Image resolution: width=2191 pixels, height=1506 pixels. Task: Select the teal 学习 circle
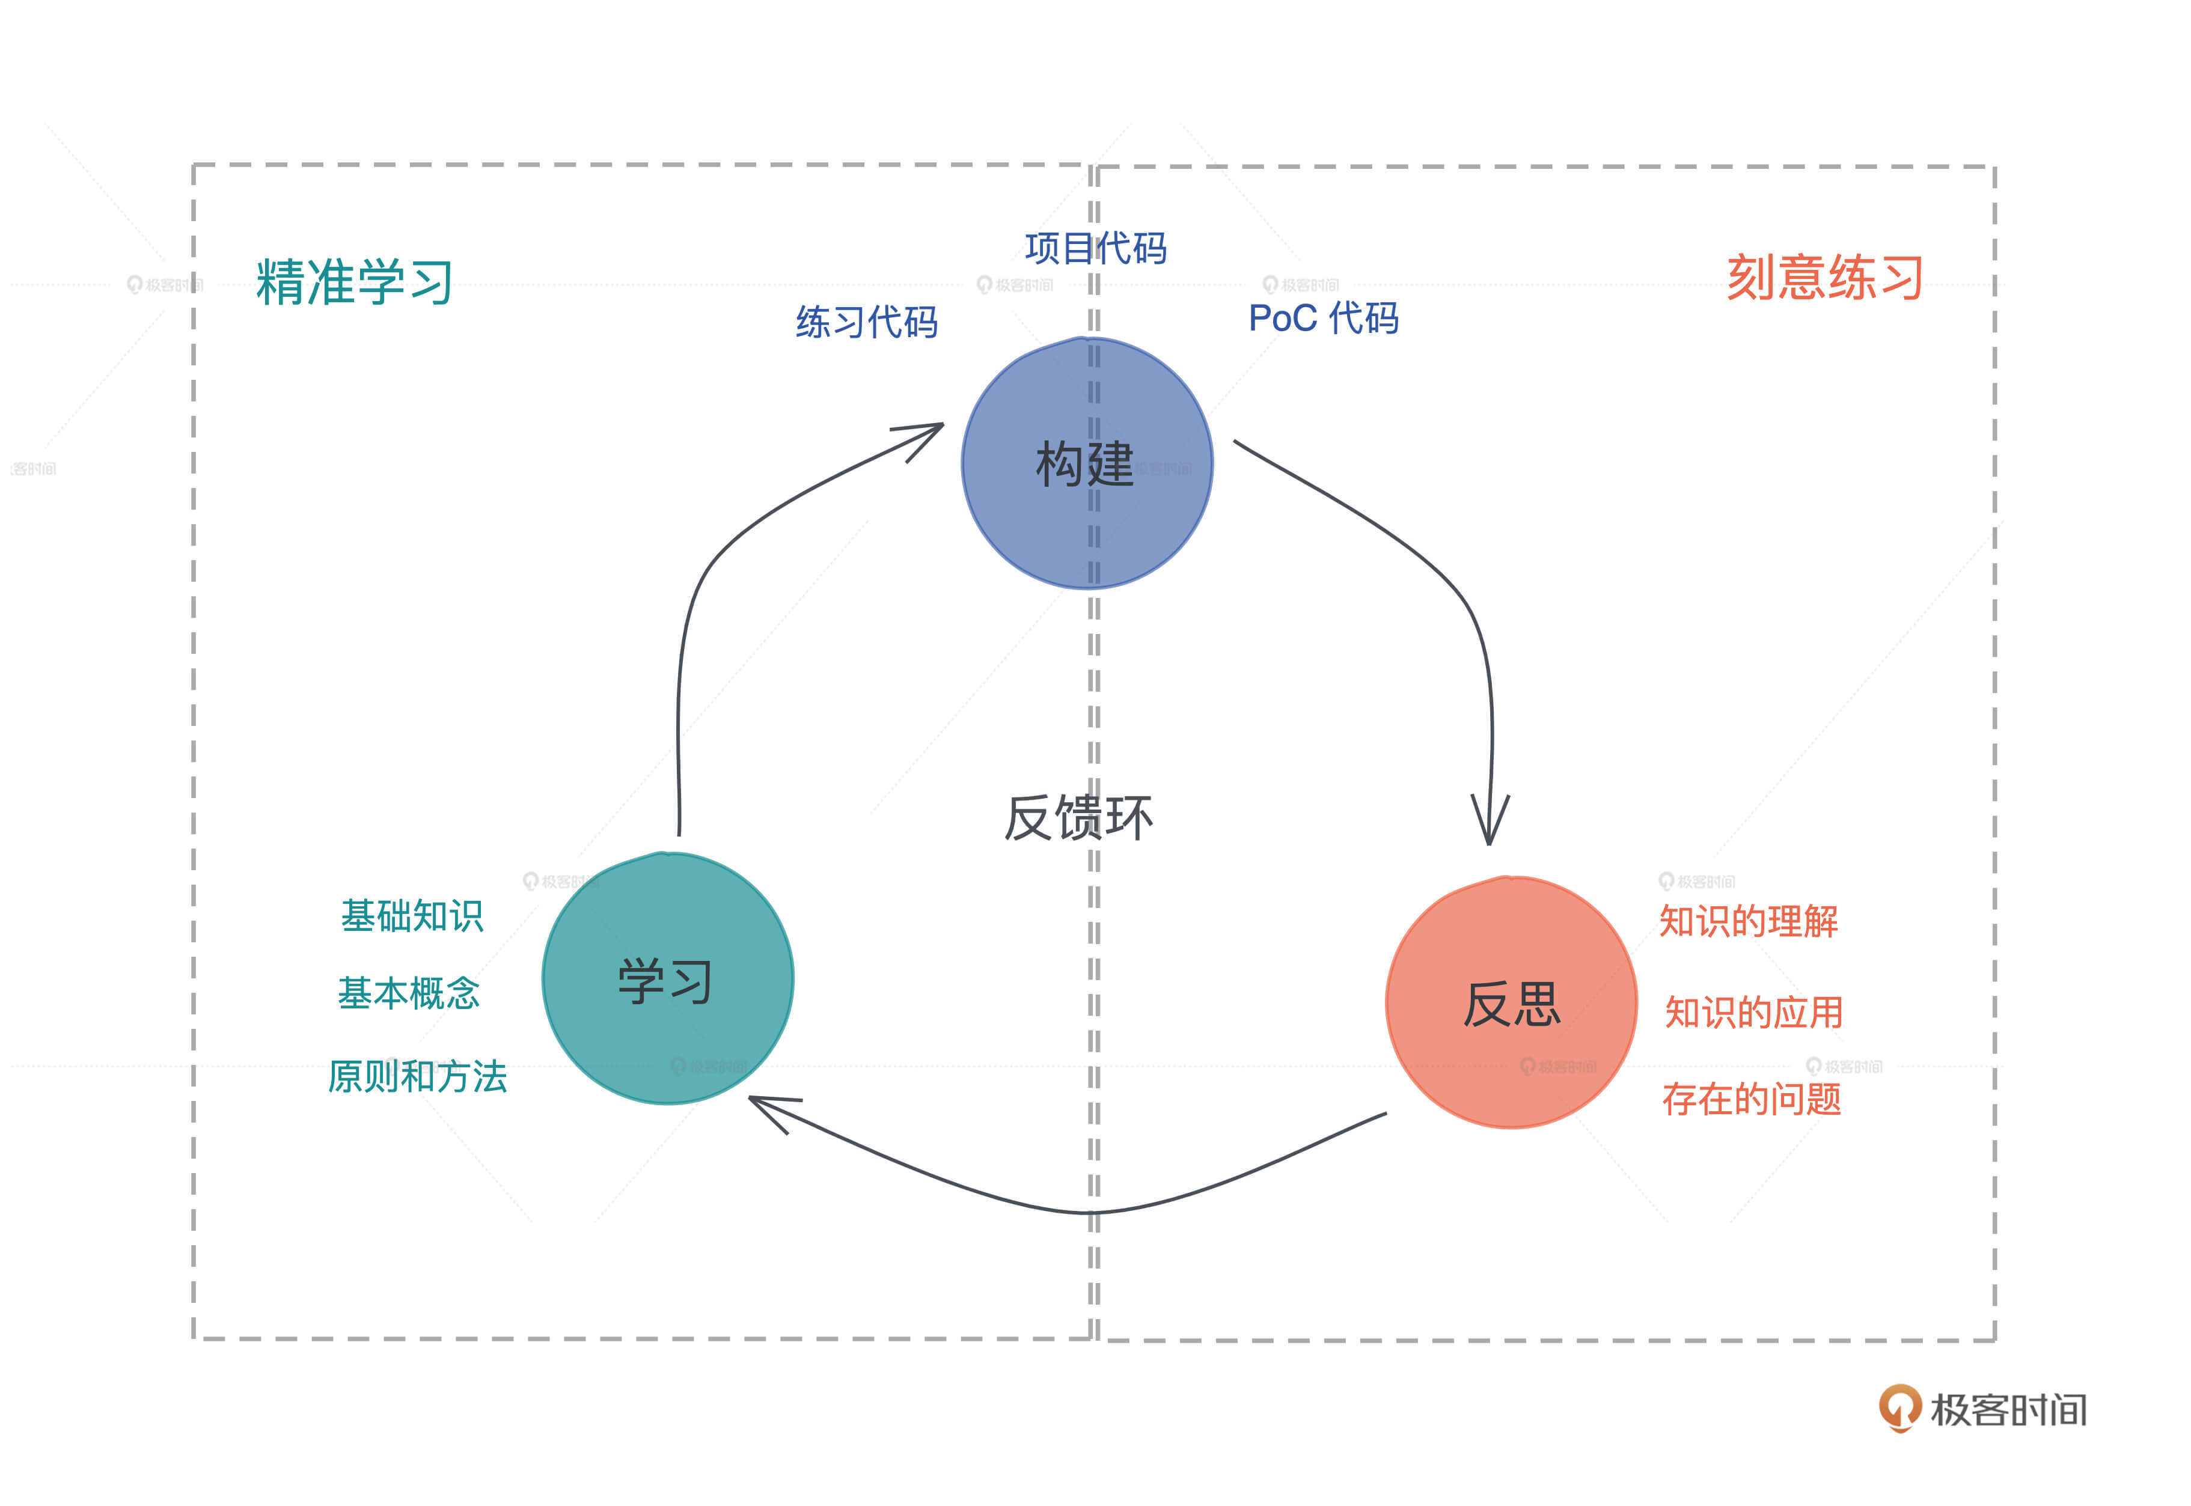pos(667,978)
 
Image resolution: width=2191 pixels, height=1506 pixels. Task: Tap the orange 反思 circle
pos(1511,1002)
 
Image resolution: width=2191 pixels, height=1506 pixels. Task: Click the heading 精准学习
pos(355,281)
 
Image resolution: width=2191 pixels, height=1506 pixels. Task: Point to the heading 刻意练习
pos(1824,278)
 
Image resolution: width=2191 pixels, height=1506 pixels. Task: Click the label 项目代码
pos(1095,248)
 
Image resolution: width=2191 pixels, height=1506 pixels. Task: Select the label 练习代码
pos(866,322)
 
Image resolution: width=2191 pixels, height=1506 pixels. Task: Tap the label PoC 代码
pos(1323,318)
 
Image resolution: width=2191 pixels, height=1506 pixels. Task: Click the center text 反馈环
pos(1078,817)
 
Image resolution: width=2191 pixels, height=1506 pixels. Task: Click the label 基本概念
pos(409,993)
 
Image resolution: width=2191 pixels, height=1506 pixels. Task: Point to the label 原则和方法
pos(417,1076)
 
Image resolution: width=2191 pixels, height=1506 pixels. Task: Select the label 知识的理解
pos(1749,921)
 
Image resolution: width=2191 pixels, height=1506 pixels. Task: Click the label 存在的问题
pos(1751,1099)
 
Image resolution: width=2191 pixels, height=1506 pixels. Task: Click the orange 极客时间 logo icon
pos(1899,1407)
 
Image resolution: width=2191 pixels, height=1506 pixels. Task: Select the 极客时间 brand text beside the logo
pos(2008,1410)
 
